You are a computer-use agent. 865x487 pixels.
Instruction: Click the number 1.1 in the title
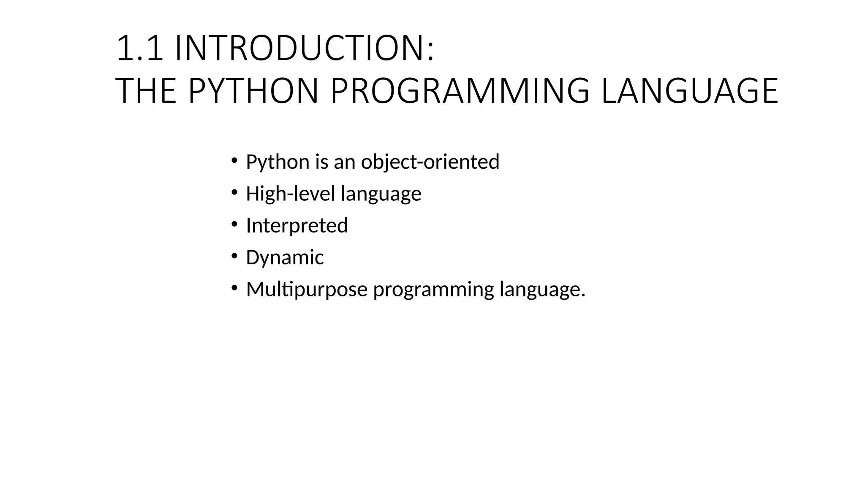click(x=139, y=48)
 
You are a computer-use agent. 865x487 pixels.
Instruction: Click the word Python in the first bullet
click(x=277, y=162)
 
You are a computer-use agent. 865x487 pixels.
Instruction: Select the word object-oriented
click(x=430, y=162)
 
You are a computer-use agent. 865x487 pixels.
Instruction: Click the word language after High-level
click(x=381, y=194)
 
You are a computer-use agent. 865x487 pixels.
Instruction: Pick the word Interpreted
click(x=297, y=226)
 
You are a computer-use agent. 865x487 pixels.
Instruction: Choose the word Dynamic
click(x=285, y=258)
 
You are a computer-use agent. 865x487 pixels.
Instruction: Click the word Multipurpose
click(x=307, y=290)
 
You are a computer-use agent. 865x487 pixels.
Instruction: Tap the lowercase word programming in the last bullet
click(x=433, y=290)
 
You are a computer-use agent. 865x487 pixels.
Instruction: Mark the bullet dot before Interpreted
click(x=234, y=224)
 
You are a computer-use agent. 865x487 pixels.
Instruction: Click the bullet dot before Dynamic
click(x=234, y=256)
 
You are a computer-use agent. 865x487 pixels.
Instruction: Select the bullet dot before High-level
click(x=234, y=192)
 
